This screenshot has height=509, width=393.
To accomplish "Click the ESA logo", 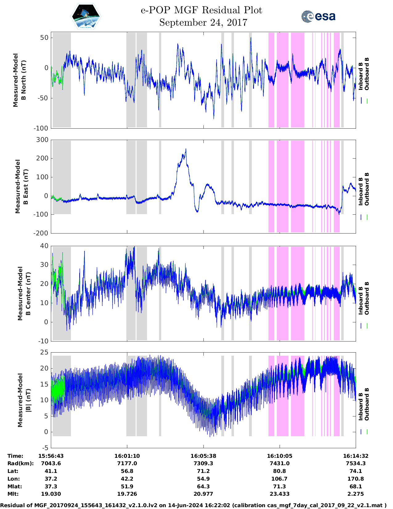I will point(318,16).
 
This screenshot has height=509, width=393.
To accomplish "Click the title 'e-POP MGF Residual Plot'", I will point(201,10).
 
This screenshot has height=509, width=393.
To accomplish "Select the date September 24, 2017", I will point(203,23).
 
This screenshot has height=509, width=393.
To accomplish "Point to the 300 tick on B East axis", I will point(42,140).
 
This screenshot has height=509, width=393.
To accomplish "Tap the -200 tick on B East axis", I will point(41,233).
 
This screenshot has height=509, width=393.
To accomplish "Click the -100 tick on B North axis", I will point(41,128).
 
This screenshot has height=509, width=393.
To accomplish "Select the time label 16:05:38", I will point(203,456).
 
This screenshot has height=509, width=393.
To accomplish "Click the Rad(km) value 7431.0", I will point(280,463).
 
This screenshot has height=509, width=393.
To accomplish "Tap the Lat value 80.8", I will point(280,471).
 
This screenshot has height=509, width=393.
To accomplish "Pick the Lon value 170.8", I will point(355,479).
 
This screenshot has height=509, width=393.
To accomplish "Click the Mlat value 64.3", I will point(203,486).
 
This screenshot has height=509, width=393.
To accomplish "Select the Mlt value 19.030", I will point(51,494).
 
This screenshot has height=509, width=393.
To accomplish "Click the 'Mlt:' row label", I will point(13,494).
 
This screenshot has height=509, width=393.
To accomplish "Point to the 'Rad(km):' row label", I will point(20,463).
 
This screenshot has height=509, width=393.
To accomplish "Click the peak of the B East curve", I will point(186,149).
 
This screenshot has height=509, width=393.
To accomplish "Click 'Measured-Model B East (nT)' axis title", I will point(22,186).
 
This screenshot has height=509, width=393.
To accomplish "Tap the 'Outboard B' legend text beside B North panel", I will point(367,74).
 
